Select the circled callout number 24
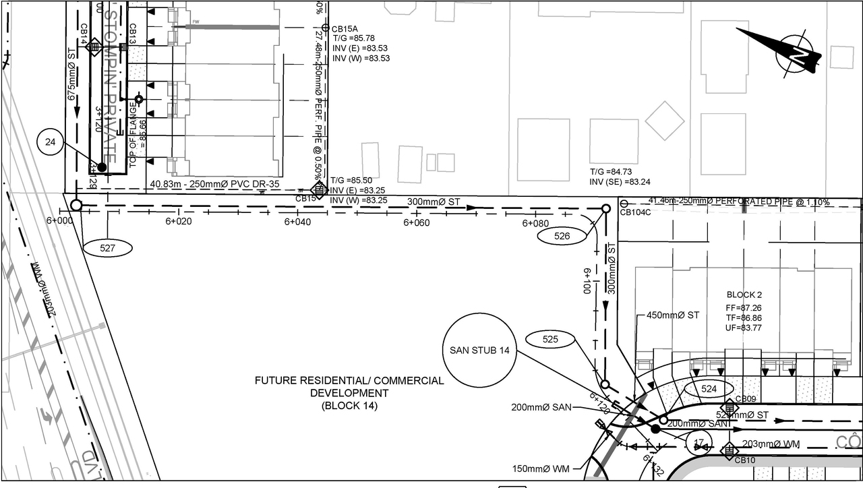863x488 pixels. pyautogui.click(x=50, y=142)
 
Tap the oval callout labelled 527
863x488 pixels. pyautogui.click(x=108, y=248)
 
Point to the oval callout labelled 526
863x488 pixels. pyautogui.click(x=562, y=236)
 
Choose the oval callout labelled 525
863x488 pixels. pyautogui.click(x=550, y=340)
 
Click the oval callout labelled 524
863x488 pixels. pyautogui.click(x=709, y=389)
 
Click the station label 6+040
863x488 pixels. pyautogui.click(x=297, y=222)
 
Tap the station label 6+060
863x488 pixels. pyautogui.click(x=416, y=222)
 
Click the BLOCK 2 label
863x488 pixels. pyautogui.click(x=744, y=295)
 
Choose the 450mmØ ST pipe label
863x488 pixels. pyautogui.click(x=673, y=315)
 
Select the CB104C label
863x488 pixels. pyautogui.click(x=634, y=213)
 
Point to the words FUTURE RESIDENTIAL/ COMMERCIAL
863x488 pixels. pyautogui.click(x=349, y=381)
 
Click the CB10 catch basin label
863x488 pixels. pyautogui.click(x=745, y=460)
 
